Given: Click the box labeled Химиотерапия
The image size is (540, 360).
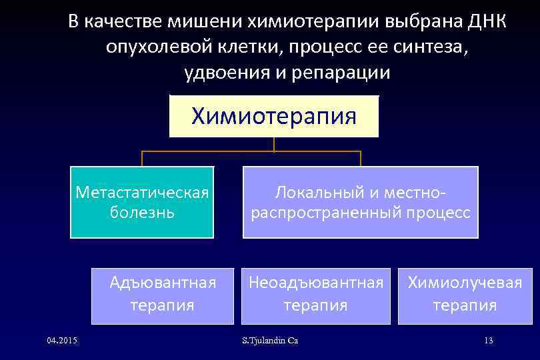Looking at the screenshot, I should click(x=274, y=117).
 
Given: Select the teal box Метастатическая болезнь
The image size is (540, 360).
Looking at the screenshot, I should click(x=142, y=202).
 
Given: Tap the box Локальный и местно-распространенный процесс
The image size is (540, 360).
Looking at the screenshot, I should click(x=360, y=202).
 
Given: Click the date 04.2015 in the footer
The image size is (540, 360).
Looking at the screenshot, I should click(x=62, y=341).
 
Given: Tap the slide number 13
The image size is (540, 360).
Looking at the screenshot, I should click(x=488, y=341).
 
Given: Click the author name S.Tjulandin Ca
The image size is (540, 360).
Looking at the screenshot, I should click(x=270, y=341).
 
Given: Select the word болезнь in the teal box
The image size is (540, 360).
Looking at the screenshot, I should click(x=141, y=213).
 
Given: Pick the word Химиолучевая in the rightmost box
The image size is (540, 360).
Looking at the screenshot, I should click(x=465, y=283).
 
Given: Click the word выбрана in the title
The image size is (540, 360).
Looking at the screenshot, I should click(x=410, y=22).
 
